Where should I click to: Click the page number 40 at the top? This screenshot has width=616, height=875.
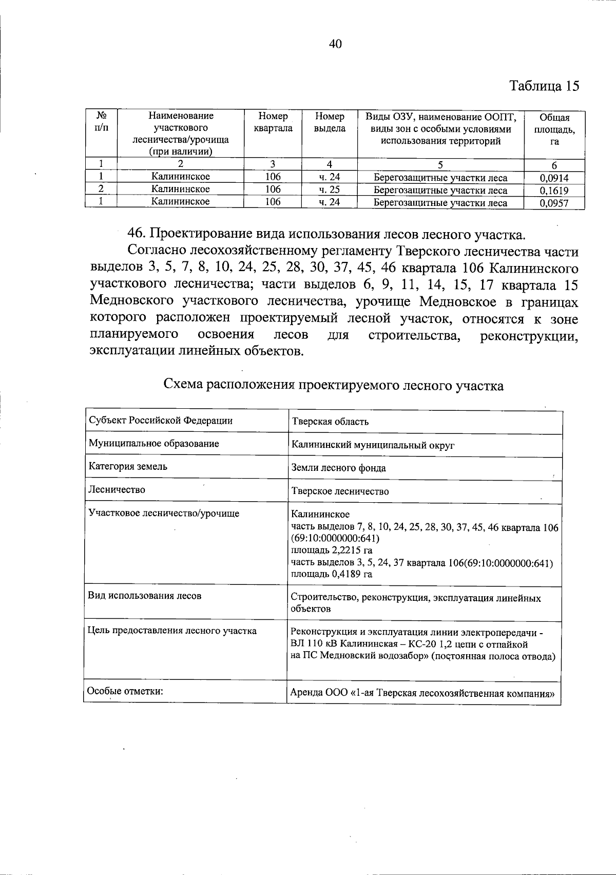[335, 44]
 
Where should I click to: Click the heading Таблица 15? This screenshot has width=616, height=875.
[544, 85]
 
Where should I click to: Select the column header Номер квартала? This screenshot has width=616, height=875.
[273, 122]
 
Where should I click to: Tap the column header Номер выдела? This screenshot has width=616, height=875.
[330, 122]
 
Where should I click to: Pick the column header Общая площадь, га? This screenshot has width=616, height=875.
[554, 129]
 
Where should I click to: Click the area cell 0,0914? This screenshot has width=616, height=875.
[554, 178]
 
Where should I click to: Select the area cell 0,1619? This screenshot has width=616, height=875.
[554, 191]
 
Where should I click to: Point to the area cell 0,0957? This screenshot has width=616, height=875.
[554, 203]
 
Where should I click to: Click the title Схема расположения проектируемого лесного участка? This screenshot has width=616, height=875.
[333, 385]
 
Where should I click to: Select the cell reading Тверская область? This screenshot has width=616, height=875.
[330, 422]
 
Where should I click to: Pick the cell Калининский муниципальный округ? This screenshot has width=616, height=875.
[373, 445]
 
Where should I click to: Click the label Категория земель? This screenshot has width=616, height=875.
[128, 466]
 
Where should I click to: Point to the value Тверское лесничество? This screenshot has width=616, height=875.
[340, 491]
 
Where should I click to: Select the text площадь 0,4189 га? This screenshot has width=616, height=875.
[332, 574]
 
